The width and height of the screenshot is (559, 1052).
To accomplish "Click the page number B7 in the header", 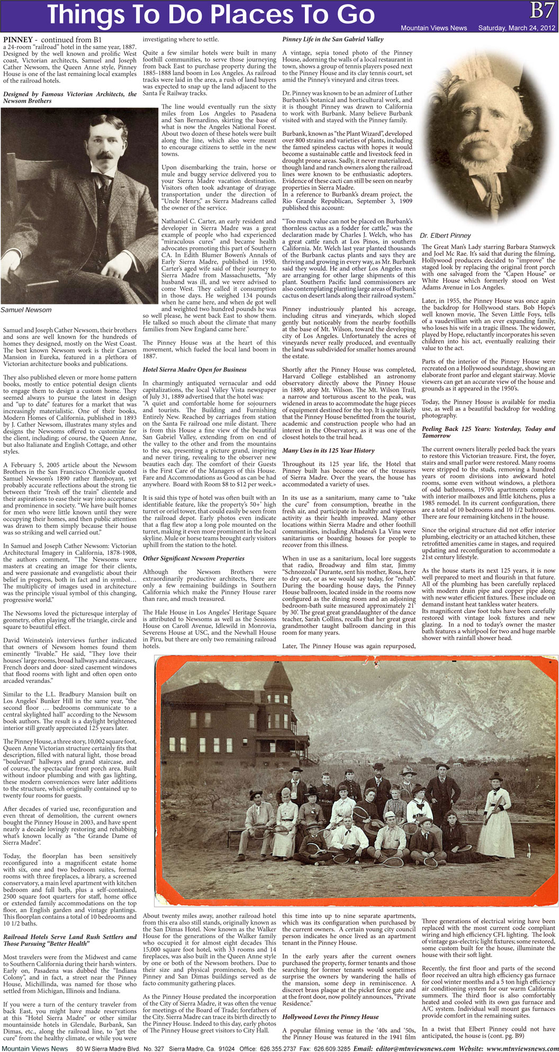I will pyautogui.click(x=543, y=9).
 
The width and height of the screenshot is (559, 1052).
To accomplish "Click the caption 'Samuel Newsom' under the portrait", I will pyautogui.click(x=26, y=310).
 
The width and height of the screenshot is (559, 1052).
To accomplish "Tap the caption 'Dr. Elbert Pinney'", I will pyautogui.click(x=445, y=236).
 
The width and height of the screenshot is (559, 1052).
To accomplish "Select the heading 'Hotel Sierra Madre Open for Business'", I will pyautogui.click(x=195, y=370).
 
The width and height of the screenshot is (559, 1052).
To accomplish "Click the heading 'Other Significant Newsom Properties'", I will pyautogui.click(x=194, y=558).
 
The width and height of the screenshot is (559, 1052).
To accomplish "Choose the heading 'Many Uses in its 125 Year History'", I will pyautogui.click(x=328, y=451).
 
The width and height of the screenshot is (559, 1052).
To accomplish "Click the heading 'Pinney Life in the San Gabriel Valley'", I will pyautogui.click(x=333, y=39).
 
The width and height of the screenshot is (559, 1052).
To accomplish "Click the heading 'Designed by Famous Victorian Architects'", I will pyautogui.click(x=70, y=97).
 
